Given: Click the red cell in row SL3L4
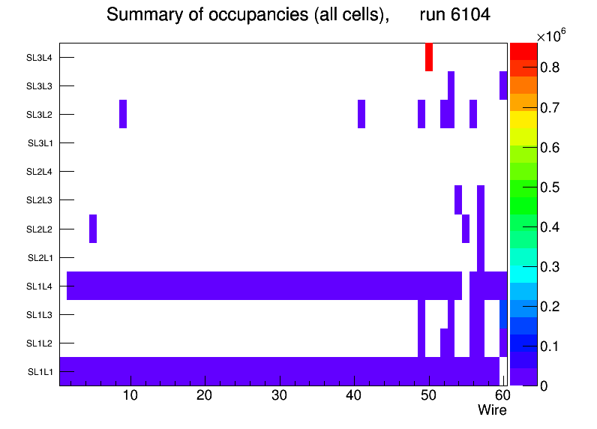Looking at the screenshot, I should pos(429,57).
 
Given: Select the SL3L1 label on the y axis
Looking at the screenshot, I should pos(40,143).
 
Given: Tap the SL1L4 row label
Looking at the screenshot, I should pos(40,286).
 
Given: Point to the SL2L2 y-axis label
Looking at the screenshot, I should pos(40,229).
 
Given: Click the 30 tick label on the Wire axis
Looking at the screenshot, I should pos(279,395).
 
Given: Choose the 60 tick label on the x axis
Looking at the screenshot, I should pos(502,395).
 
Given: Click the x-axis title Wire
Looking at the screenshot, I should pos(492,410).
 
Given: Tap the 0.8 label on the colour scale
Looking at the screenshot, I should pos(554,67).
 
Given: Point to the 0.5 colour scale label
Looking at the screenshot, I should pos(554,187).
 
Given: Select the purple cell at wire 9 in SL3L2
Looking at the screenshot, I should pos(123,114).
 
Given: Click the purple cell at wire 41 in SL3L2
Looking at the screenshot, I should pos(361,114).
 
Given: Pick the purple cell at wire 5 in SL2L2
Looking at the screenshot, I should pos(93,229).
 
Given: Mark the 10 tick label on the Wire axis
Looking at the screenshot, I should pos(130,395).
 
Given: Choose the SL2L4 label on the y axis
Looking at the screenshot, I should pos(40,172).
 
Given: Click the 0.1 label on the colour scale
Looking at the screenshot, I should pos(554,346).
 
